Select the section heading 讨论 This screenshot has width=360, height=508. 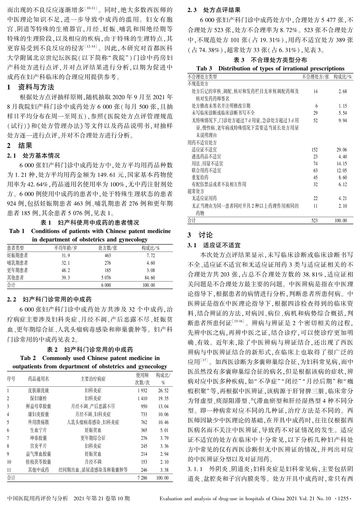[206, 235]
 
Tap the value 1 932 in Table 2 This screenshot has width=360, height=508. [142, 390]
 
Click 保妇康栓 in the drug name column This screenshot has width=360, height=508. [38, 398]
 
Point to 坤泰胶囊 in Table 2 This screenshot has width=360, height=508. [38, 438]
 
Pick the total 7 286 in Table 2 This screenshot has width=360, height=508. [142, 478]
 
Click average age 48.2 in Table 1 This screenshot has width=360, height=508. [65, 270]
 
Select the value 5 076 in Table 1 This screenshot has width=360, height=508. [106, 278]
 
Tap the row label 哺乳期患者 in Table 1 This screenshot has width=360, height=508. [18, 263]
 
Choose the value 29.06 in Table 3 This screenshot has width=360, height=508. [342, 150]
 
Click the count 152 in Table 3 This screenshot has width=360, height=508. [314, 150]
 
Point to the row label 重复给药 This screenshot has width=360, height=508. [200, 177]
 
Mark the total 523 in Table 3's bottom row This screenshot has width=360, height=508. [314, 220]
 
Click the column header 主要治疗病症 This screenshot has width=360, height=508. [93, 379]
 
